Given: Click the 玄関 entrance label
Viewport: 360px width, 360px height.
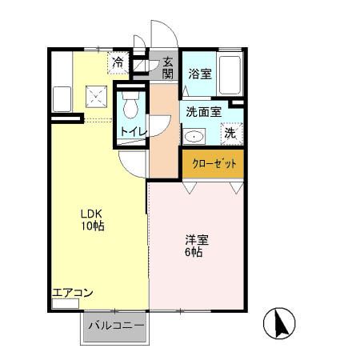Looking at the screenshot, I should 168,67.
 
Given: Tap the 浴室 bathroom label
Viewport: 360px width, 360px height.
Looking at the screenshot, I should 200,74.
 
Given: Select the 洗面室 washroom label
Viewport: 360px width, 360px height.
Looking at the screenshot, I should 203,112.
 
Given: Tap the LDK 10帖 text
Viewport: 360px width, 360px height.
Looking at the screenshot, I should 91,219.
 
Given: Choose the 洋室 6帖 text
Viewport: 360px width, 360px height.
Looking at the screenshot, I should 194,245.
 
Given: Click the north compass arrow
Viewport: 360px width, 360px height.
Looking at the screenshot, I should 281,323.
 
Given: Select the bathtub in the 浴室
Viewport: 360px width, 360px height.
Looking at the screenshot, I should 230,74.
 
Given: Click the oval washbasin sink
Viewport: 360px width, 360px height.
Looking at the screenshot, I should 194,135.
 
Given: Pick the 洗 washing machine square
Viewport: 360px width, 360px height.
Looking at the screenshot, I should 230,134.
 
